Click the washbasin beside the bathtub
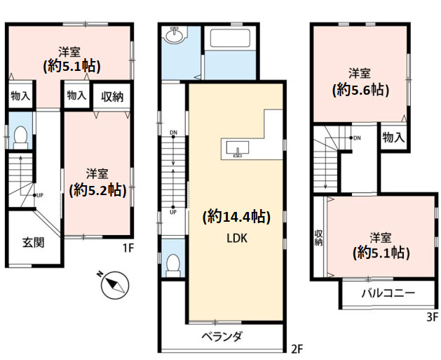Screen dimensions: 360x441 coord(175,35)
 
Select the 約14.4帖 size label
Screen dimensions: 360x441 coord(236,217)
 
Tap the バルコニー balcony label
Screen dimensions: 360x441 coord(388,293)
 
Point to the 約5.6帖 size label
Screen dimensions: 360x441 coord(360,90)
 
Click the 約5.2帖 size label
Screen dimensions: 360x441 coord(97,189)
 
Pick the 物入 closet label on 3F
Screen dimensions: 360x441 coord(393,138)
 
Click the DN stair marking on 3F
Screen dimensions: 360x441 coord(357,138)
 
